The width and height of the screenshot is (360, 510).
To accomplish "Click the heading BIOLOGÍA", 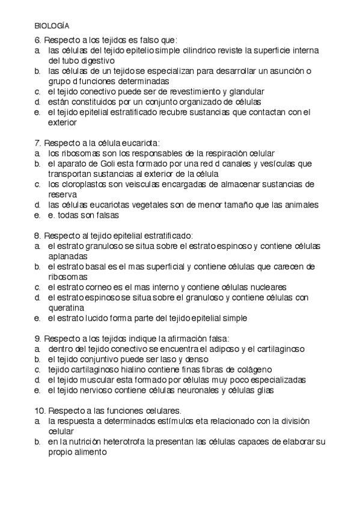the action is [51, 26].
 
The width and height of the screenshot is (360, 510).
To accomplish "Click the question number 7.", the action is [37, 143].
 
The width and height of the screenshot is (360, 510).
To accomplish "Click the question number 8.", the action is [37, 236].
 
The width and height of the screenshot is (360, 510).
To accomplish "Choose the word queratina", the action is [67, 307].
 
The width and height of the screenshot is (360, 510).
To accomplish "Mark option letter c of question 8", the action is [37, 287].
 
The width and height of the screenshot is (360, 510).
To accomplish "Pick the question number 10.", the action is [39, 410].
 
